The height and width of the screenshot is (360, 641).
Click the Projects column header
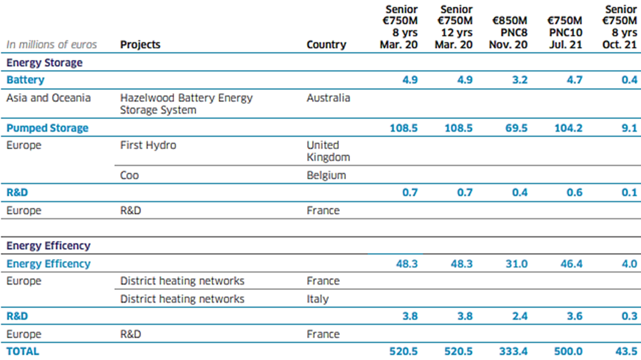(x=140, y=45)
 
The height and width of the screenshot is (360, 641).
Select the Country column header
(x=326, y=45)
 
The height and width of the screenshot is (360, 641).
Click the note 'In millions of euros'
(x=51, y=45)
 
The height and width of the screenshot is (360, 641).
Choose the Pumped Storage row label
(x=47, y=128)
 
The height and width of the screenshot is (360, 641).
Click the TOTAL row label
(x=22, y=351)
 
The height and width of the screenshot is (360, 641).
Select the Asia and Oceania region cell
(x=48, y=98)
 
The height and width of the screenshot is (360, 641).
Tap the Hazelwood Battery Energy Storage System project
(x=186, y=104)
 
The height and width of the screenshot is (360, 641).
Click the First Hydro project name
(x=148, y=145)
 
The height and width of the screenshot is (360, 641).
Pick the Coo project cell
(x=130, y=175)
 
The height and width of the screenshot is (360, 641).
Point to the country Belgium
(x=326, y=175)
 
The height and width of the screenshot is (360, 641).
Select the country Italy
(x=317, y=299)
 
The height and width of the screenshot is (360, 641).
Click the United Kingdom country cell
(x=328, y=151)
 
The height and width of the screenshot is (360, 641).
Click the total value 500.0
(x=568, y=351)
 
